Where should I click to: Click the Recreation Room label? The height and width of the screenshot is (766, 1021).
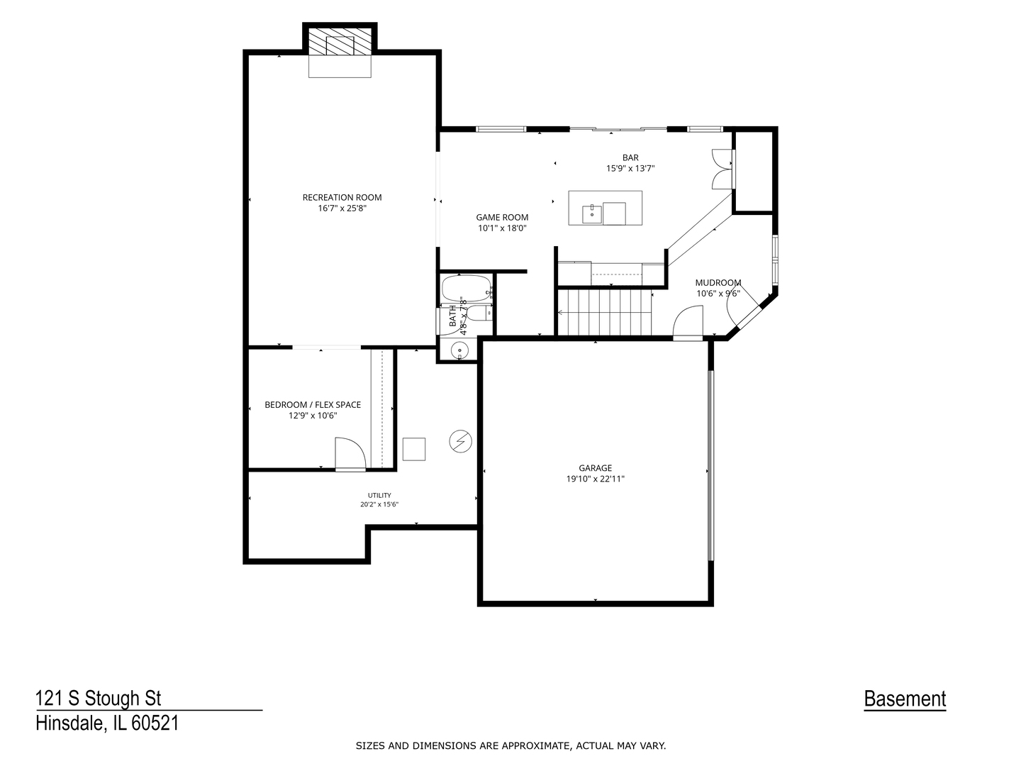[342, 198]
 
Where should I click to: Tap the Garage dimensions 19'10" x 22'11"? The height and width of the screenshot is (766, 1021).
[595, 479]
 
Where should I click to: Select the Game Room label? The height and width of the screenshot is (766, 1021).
[502, 217]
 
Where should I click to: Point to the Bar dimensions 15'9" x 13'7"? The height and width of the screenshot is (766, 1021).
[630, 168]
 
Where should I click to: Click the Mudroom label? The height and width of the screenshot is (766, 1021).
[718, 283]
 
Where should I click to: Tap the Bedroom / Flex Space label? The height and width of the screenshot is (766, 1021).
[313, 405]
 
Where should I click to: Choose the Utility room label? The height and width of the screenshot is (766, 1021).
[379, 495]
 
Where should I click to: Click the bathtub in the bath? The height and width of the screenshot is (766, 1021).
[466, 289]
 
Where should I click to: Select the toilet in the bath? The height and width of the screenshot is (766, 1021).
[479, 313]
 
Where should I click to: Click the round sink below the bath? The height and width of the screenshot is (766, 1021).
[460, 349]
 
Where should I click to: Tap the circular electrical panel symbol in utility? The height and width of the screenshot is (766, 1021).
[460, 441]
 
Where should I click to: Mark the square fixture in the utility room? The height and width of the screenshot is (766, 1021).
[414, 449]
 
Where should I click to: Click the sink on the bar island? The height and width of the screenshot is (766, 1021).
[592, 215]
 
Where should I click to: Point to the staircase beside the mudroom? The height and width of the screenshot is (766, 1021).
[604, 312]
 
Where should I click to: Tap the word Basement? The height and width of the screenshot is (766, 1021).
[905, 699]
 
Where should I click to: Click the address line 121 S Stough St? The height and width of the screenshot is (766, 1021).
[99, 699]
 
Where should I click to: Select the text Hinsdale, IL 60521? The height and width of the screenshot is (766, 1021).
[108, 723]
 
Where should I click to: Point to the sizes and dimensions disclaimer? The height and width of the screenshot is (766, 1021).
[510, 746]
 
